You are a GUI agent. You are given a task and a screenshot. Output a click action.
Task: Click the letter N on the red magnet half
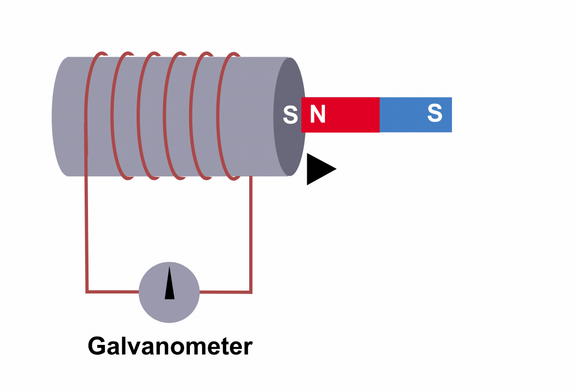[318, 114]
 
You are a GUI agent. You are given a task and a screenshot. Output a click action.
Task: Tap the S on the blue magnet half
[435, 113]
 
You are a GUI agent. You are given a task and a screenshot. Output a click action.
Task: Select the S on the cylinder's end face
[290, 115]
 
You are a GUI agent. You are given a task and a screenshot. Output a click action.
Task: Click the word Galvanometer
[170, 346]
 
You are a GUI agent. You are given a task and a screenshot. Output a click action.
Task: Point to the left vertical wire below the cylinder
[87, 231]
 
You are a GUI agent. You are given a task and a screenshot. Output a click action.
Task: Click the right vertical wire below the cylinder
[251, 231]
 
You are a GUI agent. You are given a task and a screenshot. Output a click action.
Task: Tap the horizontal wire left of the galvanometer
[113, 291]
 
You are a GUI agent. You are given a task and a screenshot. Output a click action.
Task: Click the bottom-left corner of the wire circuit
[87, 291]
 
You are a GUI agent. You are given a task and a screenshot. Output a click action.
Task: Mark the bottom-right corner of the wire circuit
[251, 292]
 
